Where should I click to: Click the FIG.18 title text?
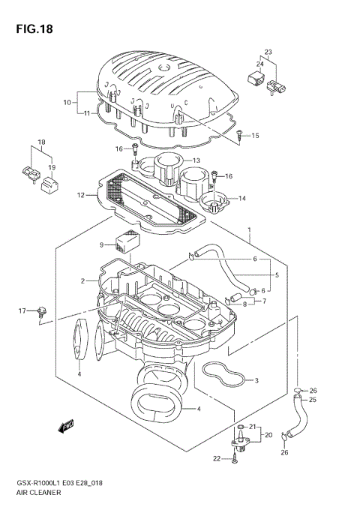(31, 28)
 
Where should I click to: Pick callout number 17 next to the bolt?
(22, 310)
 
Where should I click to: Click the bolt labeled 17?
(43, 310)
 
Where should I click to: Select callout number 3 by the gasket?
(256, 380)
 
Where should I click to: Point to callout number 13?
(196, 160)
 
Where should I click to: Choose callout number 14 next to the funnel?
(242, 198)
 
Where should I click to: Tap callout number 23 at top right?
(267, 52)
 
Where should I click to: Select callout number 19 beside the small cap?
(52, 167)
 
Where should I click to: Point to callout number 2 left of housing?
(83, 280)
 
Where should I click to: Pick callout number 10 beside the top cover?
(67, 101)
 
